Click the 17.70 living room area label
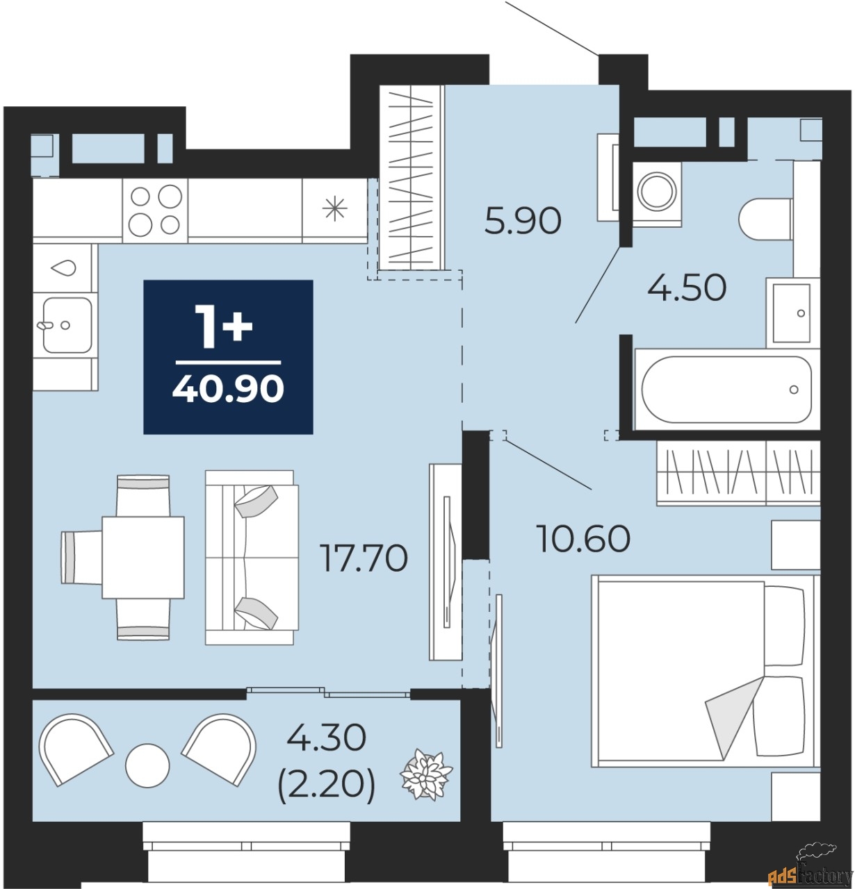[x=363, y=558]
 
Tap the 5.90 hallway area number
[x=523, y=222]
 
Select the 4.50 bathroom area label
[x=686, y=287]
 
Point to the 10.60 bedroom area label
[x=583, y=538]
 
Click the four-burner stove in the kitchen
[x=155, y=210]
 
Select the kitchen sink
[x=67, y=324]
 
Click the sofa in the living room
[x=252, y=556]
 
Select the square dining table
[x=143, y=557]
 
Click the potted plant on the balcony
[x=426, y=773]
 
